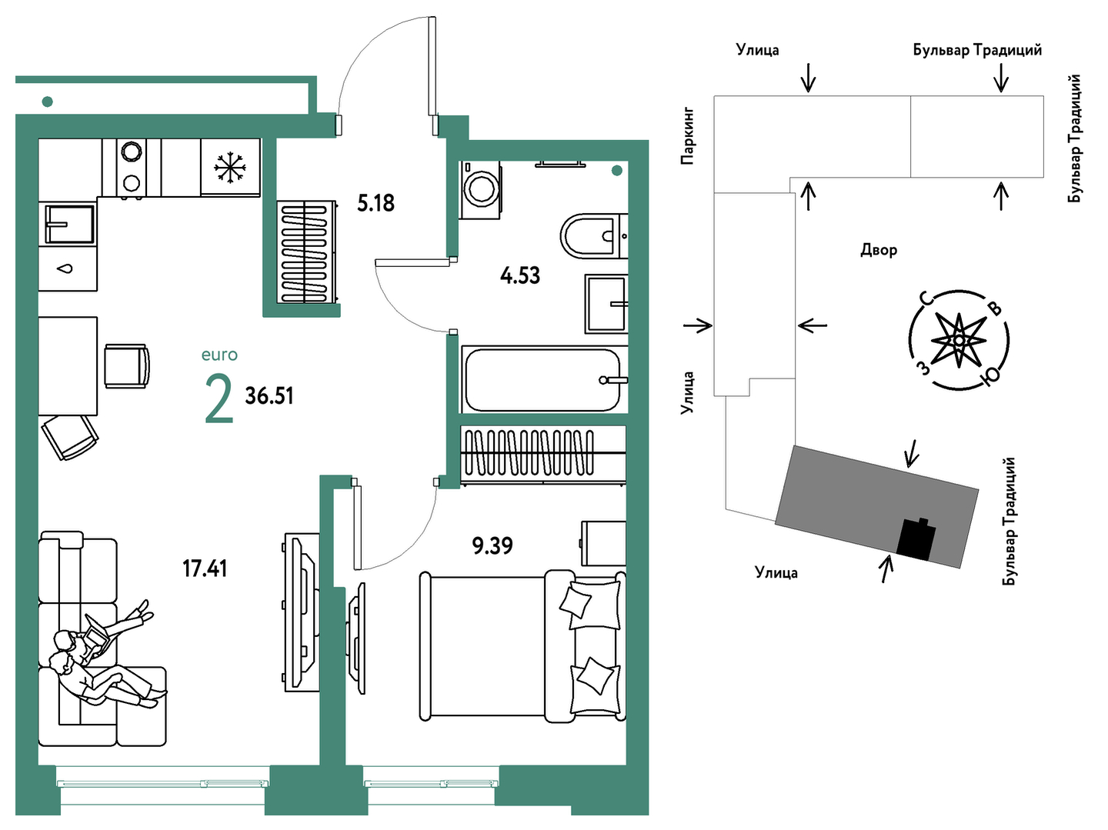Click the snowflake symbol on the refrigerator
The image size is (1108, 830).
(x=230, y=166)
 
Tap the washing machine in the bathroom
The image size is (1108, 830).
(x=480, y=190)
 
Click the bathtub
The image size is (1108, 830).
(x=544, y=379)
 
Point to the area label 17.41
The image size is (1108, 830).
(x=205, y=568)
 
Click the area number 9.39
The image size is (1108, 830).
(x=492, y=545)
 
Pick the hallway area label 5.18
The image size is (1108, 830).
(x=375, y=203)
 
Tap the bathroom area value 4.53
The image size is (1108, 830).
(x=520, y=276)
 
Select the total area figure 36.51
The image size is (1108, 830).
(x=269, y=395)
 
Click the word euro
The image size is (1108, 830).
(x=219, y=355)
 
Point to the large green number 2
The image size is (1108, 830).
(x=219, y=400)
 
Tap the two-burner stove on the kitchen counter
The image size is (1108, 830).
(x=132, y=168)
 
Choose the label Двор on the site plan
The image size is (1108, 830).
(x=879, y=250)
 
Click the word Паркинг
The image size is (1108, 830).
(x=688, y=135)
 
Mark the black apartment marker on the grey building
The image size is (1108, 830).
(x=916, y=539)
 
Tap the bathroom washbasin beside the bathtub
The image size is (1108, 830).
(x=606, y=304)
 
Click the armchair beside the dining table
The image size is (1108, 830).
(x=127, y=366)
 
